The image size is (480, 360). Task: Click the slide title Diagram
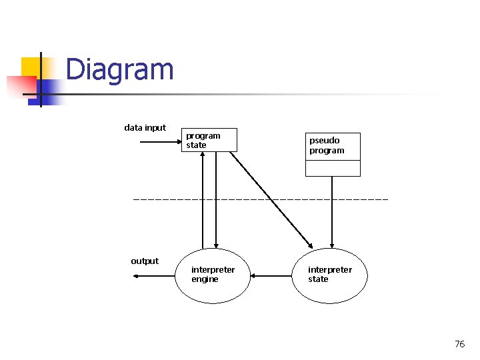(120, 70)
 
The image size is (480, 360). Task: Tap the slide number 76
(459, 344)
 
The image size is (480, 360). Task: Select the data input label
(145, 127)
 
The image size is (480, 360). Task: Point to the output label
(145, 261)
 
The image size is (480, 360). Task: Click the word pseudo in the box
(324, 141)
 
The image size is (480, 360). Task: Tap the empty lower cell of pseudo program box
(333, 168)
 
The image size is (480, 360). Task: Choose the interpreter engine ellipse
(212, 275)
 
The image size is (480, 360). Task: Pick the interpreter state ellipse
(329, 275)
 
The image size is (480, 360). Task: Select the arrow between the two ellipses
(271, 275)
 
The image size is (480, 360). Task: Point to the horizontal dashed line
(260, 199)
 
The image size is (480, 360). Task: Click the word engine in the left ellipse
(205, 279)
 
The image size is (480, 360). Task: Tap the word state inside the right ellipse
(318, 279)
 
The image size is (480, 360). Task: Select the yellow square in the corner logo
(30, 67)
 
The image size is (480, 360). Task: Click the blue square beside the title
(51, 90)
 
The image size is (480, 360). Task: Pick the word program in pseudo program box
(327, 151)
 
